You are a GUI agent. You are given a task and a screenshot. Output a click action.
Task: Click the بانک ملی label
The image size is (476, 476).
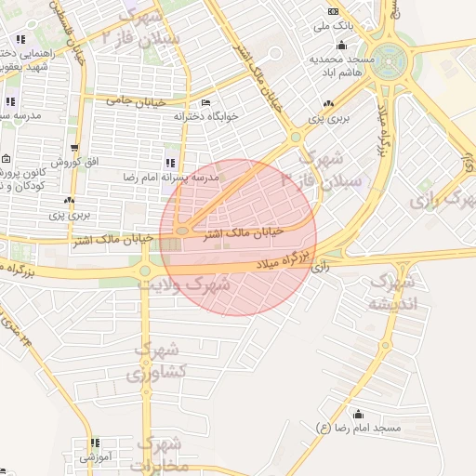(337, 27)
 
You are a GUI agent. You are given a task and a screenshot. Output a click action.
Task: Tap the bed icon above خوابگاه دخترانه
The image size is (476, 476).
(205, 103)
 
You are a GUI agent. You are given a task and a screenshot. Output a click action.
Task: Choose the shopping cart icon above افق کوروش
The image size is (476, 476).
(74, 148)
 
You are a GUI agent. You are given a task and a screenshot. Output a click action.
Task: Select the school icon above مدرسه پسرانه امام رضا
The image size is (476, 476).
(170, 163)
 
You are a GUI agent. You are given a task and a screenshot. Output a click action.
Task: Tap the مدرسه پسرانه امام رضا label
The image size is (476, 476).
(173, 176)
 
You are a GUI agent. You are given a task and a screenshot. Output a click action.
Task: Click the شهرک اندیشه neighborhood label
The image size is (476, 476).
(392, 292)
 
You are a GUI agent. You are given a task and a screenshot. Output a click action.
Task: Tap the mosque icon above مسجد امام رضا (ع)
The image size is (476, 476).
(359, 414)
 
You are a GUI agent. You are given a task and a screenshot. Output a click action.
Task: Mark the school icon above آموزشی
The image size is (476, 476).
(94, 443)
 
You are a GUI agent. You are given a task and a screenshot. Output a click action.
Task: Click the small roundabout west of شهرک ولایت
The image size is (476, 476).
(145, 271)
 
